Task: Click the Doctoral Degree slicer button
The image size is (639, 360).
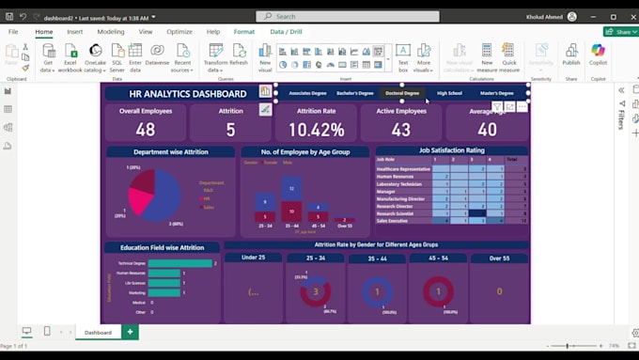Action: [402, 93]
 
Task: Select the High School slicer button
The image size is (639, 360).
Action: [449, 93]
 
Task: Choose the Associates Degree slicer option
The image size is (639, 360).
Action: [307, 93]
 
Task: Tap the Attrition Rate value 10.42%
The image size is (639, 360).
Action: [316, 130]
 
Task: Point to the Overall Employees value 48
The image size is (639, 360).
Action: [145, 130]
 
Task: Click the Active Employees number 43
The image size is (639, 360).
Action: [401, 130]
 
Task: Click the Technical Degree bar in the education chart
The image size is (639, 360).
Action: [179, 263]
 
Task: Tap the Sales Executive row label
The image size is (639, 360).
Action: [394, 221]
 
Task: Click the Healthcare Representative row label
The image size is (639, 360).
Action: [401, 168]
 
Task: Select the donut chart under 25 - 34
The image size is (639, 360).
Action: [317, 291]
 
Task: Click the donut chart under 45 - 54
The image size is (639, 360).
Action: [438, 291]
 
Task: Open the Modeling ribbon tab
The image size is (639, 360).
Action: [110, 32]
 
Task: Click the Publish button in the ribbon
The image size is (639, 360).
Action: [570, 55]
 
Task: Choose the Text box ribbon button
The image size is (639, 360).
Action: [402, 55]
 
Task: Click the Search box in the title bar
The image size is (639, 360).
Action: [334, 16]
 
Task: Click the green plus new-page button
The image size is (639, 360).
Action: [130, 332]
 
